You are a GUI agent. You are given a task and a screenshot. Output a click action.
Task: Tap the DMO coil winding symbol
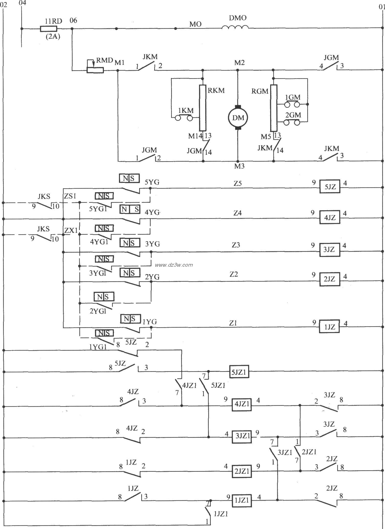click(x=235, y=28)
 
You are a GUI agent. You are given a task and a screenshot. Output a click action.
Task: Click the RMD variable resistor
click(x=95, y=70)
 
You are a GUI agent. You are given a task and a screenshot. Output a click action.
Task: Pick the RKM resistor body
click(x=203, y=108)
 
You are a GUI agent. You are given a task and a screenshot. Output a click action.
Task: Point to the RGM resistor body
click(x=273, y=108)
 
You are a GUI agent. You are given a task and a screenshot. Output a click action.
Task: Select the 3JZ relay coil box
click(x=329, y=250)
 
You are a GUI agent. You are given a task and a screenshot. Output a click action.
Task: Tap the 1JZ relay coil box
click(x=329, y=326)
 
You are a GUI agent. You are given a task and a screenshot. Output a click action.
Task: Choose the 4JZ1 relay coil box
click(x=241, y=404)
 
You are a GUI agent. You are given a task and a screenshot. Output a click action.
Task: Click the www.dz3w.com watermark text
click(x=174, y=265)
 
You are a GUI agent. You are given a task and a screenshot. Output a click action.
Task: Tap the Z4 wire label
click(x=237, y=213)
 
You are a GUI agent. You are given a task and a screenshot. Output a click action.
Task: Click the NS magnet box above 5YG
click(x=129, y=178)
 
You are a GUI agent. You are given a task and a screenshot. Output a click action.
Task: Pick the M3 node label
click(x=239, y=166)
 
